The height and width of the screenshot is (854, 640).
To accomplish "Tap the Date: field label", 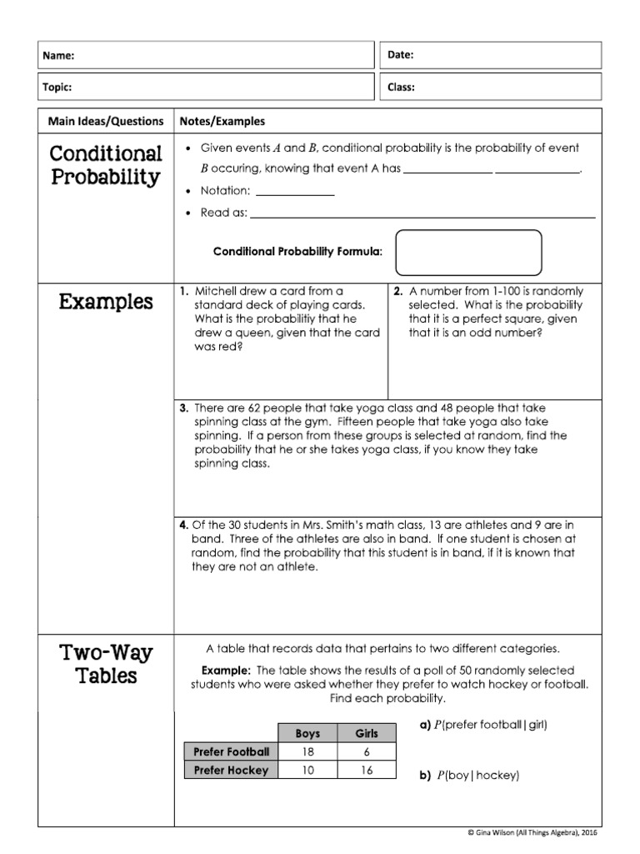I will (x=402, y=55).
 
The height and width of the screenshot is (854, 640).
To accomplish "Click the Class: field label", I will (x=402, y=87).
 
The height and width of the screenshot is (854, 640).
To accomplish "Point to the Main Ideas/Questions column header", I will (x=106, y=121).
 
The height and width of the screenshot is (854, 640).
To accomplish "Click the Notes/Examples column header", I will (x=222, y=121).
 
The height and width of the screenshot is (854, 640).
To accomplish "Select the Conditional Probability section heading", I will (x=105, y=165).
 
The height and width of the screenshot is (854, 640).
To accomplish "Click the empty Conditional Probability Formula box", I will (x=468, y=252).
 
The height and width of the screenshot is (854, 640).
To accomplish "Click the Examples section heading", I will (x=106, y=302).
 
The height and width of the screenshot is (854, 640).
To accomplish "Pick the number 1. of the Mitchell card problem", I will (x=184, y=292).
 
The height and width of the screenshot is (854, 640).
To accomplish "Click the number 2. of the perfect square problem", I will (x=398, y=292).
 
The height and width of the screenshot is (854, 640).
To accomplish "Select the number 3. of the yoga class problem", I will (x=184, y=409).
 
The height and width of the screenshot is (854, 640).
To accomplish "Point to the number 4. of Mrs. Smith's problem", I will (x=183, y=525).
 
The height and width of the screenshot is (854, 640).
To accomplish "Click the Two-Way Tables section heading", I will (x=106, y=664).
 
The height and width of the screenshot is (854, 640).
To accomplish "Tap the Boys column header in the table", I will (x=307, y=734).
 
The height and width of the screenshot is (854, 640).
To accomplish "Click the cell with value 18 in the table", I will (x=307, y=751).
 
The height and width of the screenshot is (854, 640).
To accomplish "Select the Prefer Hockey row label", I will (x=231, y=771).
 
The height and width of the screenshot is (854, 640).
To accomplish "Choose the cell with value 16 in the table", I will (x=367, y=771).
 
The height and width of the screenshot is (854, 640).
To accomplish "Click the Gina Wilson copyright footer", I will (x=533, y=832).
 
